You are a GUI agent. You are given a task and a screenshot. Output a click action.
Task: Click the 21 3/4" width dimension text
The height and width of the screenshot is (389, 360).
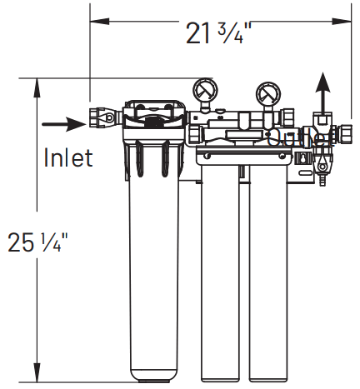click(x=219, y=35)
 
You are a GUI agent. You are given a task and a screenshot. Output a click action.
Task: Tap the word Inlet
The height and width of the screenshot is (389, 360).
click(x=67, y=157)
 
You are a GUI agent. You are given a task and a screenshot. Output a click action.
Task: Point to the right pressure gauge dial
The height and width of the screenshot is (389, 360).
click(x=267, y=92)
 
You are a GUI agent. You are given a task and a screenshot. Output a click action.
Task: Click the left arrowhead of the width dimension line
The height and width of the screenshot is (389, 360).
click(x=94, y=17)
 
